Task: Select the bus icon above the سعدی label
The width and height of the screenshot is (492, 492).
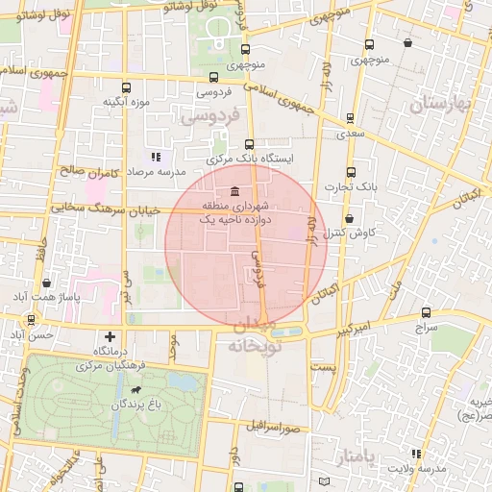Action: click(350, 118)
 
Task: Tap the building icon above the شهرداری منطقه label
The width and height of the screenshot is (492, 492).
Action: click(236, 190)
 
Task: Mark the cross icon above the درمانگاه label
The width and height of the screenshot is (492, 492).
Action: click(111, 336)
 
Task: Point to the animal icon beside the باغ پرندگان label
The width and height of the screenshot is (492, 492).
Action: click(141, 392)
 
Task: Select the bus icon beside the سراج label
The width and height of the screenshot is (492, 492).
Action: click(426, 313)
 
